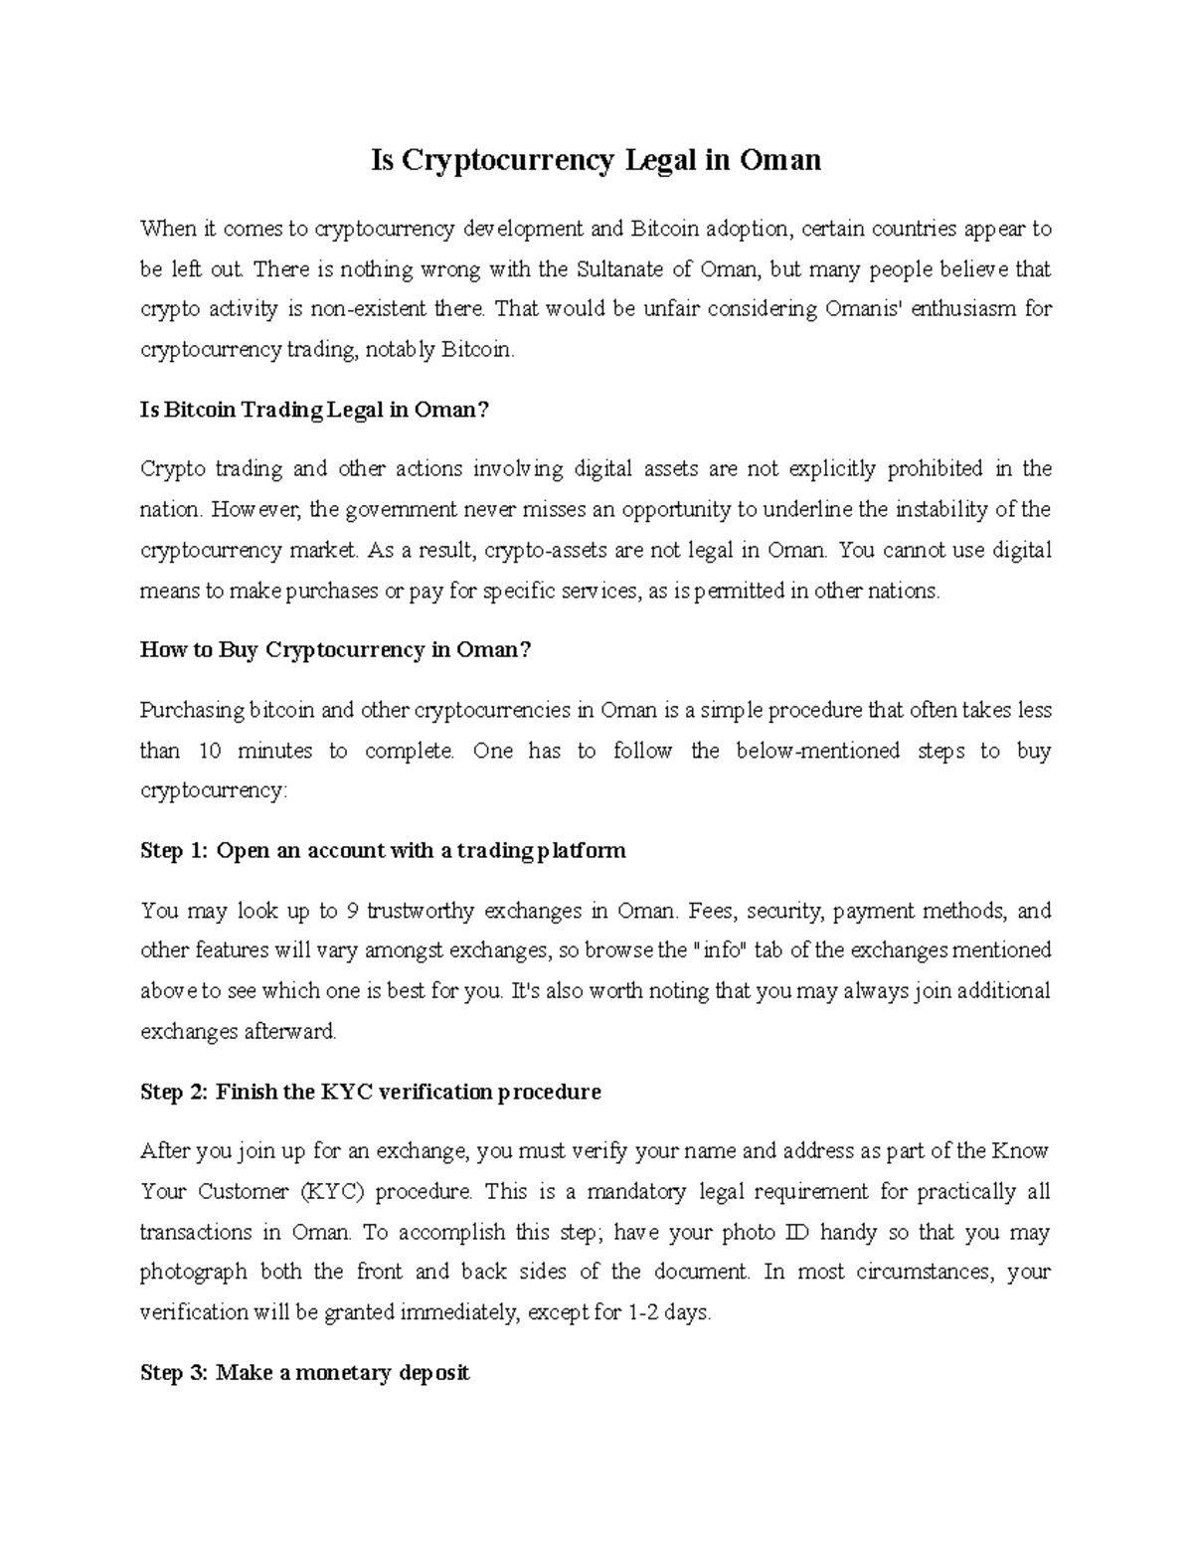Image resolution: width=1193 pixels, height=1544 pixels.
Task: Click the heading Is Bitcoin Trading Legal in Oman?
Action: pyautogui.click(x=315, y=410)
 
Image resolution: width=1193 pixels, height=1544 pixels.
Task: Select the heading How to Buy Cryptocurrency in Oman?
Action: pyautogui.click(x=336, y=650)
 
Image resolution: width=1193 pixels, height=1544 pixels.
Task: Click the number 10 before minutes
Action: pyautogui.click(x=210, y=751)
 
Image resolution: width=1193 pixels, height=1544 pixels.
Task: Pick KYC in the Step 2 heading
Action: pyautogui.click(x=347, y=1092)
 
